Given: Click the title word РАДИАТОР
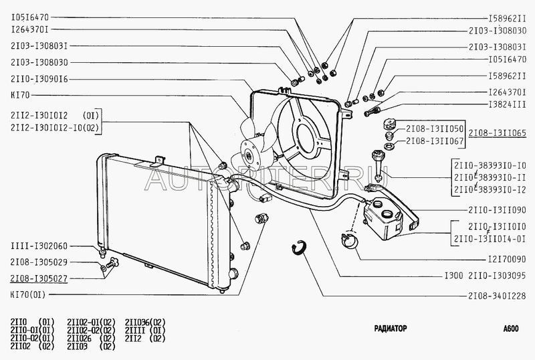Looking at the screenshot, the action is tap(391, 329).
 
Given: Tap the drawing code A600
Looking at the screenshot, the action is tap(511, 329).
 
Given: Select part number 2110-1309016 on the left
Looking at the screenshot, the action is tap(39, 79).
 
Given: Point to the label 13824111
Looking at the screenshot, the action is tap(508, 104).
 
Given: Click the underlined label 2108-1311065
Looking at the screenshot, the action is tap(498, 132).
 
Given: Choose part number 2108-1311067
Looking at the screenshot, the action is tap(434, 141).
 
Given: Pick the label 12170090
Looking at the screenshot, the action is tap(508, 260).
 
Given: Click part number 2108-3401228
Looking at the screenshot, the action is tap(497, 296).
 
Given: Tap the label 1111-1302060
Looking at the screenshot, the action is tap(39, 246).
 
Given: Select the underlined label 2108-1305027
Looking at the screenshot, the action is tap(39, 279).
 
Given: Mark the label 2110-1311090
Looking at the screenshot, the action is tap(497, 210).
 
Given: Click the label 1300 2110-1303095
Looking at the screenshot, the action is tap(486, 276).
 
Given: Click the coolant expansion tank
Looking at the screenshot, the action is tap(382, 219).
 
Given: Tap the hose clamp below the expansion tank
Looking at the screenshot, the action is tap(349, 240).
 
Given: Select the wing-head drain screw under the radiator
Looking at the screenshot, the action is tap(112, 263).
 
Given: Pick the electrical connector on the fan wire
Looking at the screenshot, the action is tap(265, 198).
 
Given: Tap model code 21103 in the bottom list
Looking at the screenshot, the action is tap(78, 347).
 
